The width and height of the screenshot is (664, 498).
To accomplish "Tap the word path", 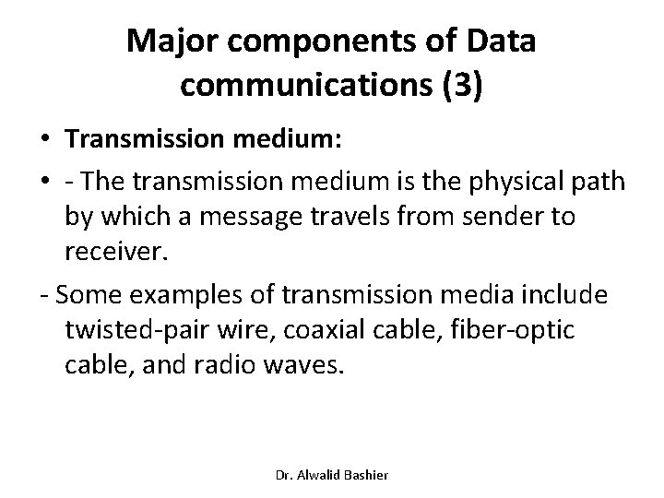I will click(x=601, y=184).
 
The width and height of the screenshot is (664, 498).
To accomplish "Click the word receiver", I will click(x=112, y=254).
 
